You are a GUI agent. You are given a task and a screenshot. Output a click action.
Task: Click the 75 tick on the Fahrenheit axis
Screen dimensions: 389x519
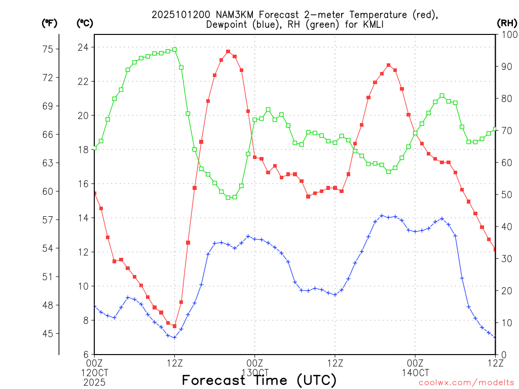49,49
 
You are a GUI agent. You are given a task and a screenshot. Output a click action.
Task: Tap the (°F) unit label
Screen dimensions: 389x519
49,23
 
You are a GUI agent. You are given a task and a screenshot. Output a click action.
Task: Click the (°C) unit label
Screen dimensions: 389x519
85,23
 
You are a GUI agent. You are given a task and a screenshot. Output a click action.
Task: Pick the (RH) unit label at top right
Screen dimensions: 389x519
506,23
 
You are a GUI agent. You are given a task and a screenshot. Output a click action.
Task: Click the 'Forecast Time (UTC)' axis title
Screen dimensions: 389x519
259,380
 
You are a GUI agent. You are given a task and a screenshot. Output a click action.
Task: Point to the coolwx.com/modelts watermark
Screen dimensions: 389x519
467,382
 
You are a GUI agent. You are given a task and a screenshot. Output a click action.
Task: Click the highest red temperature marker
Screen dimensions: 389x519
228,51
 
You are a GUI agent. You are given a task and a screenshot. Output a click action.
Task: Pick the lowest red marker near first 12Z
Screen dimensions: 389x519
174,326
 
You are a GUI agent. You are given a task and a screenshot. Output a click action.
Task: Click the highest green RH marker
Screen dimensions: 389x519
174,50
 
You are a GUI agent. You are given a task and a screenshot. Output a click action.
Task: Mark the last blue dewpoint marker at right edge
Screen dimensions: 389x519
495,337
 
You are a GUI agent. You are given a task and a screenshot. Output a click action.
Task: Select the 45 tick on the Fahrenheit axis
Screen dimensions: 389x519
49,333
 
